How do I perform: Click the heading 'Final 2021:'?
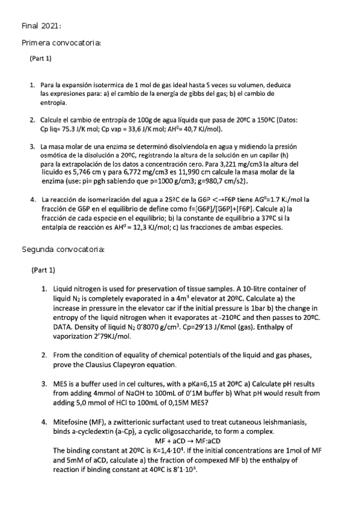41,26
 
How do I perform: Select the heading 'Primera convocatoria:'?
61,43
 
